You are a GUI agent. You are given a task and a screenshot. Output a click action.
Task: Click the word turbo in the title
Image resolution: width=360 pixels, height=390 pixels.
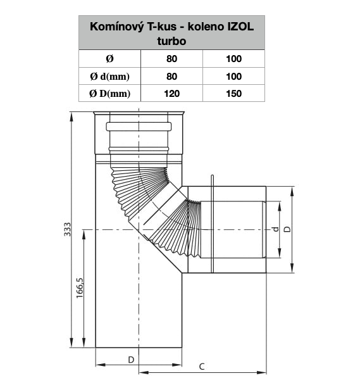171,41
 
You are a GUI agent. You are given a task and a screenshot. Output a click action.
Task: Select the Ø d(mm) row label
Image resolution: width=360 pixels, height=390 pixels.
109,77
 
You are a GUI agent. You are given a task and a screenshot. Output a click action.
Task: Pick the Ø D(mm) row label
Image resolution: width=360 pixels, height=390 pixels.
109,94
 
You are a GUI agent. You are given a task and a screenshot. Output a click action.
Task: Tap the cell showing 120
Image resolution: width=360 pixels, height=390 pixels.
172,94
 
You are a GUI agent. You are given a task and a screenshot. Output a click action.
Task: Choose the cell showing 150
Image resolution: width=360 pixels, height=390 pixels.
233,94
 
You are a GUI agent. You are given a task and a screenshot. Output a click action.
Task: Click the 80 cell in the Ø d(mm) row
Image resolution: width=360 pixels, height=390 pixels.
172,77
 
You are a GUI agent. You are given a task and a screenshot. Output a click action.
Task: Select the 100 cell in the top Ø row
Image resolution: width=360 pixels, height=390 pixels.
233,59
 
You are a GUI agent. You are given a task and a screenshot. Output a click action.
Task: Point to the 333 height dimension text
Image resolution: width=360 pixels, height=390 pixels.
67,229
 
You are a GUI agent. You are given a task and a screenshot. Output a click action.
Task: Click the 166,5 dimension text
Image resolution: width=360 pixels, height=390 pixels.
80,288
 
